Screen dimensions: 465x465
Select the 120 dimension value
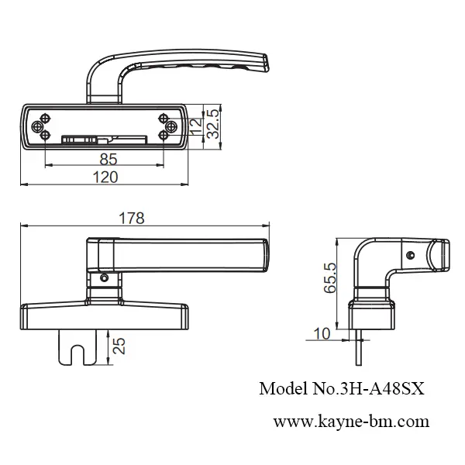pyautogui.click(x=105, y=177)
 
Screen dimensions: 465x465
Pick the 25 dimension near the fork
pyautogui.click(x=119, y=346)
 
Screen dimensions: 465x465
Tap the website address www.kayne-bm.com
pyautogui.click(x=351, y=422)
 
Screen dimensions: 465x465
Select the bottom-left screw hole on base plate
pyautogui.click(x=46, y=136)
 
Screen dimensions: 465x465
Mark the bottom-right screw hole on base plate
pyautogui.click(x=164, y=136)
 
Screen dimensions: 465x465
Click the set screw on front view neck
pyautogui.click(x=104, y=277)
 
